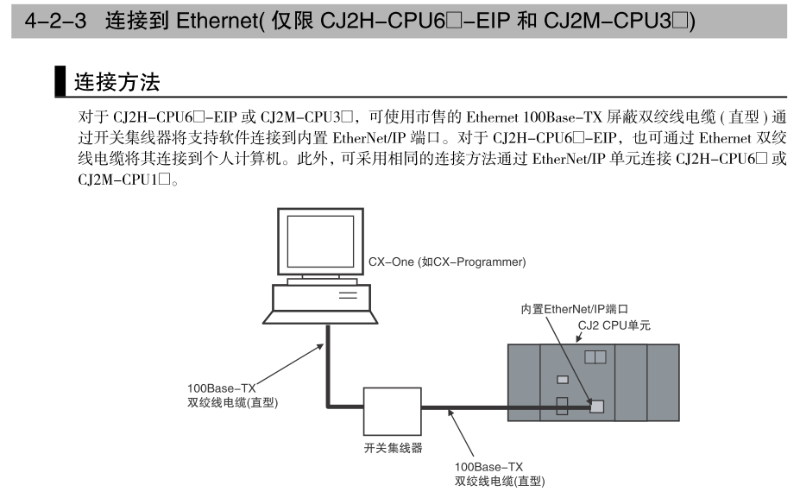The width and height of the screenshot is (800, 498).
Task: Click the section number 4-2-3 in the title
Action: [x=58, y=20]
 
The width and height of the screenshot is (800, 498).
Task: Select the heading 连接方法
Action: [x=117, y=83]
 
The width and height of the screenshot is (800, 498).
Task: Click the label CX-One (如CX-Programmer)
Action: [x=446, y=262]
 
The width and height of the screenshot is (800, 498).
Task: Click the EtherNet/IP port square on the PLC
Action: [x=595, y=405]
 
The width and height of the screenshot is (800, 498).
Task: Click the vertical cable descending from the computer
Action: [x=327, y=362]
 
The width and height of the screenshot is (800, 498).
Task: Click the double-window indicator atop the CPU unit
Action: [x=595, y=356]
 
